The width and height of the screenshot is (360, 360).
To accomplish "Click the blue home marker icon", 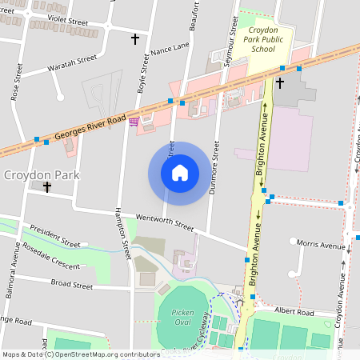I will [180, 173].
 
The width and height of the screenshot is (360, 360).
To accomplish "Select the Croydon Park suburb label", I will [39, 174].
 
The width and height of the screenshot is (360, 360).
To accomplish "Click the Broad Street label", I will [72, 283].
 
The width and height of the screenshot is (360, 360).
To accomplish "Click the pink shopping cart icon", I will [134, 121].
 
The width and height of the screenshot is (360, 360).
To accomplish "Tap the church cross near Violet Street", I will [135, 38].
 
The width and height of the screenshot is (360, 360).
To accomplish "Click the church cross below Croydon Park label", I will [47, 188].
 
